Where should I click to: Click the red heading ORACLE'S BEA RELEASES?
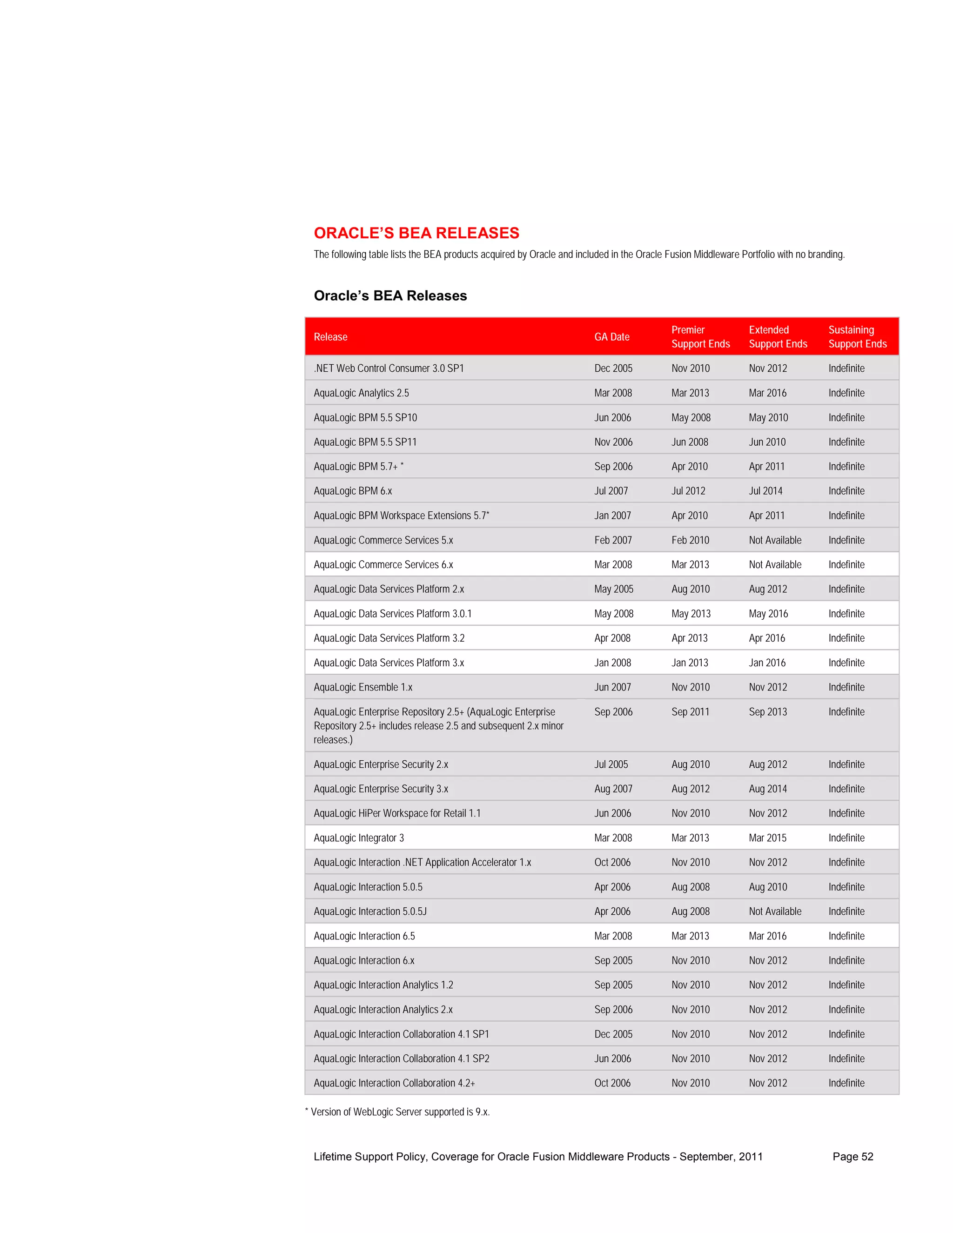(x=416, y=233)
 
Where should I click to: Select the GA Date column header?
(x=611, y=336)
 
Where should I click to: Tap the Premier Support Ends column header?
(x=700, y=336)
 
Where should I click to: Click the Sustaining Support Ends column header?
(x=857, y=336)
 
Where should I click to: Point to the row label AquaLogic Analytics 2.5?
(x=361, y=393)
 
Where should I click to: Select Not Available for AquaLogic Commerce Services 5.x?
(x=775, y=540)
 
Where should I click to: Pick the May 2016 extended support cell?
(x=768, y=614)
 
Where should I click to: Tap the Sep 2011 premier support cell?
(x=690, y=712)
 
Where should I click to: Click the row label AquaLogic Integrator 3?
(x=358, y=838)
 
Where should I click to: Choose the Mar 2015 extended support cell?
(x=767, y=838)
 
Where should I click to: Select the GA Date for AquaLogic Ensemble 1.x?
(x=612, y=687)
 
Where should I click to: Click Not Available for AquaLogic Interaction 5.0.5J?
(x=775, y=911)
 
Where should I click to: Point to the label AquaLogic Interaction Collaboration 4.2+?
(x=394, y=1083)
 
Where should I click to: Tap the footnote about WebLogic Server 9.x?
(x=397, y=1112)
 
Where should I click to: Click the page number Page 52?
(x=852, y=1156)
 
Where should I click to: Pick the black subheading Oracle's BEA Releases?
(x=390, y=296)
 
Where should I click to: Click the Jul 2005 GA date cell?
(x=611, y=764)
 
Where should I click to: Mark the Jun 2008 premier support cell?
(x=689, y=442)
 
